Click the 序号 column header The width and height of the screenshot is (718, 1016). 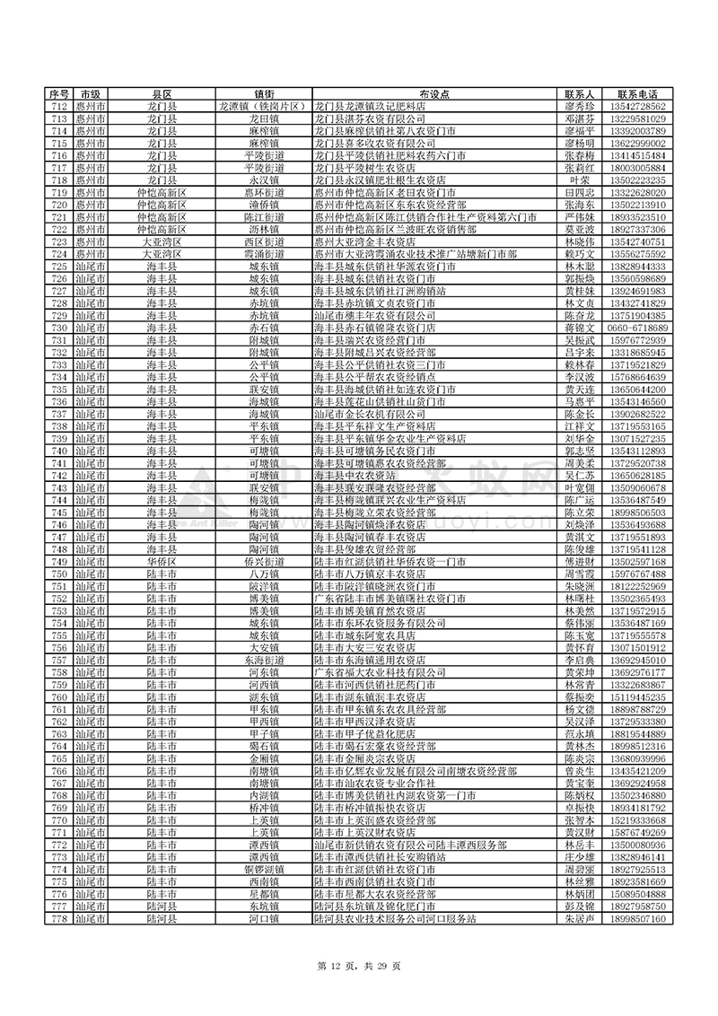point(58,94)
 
